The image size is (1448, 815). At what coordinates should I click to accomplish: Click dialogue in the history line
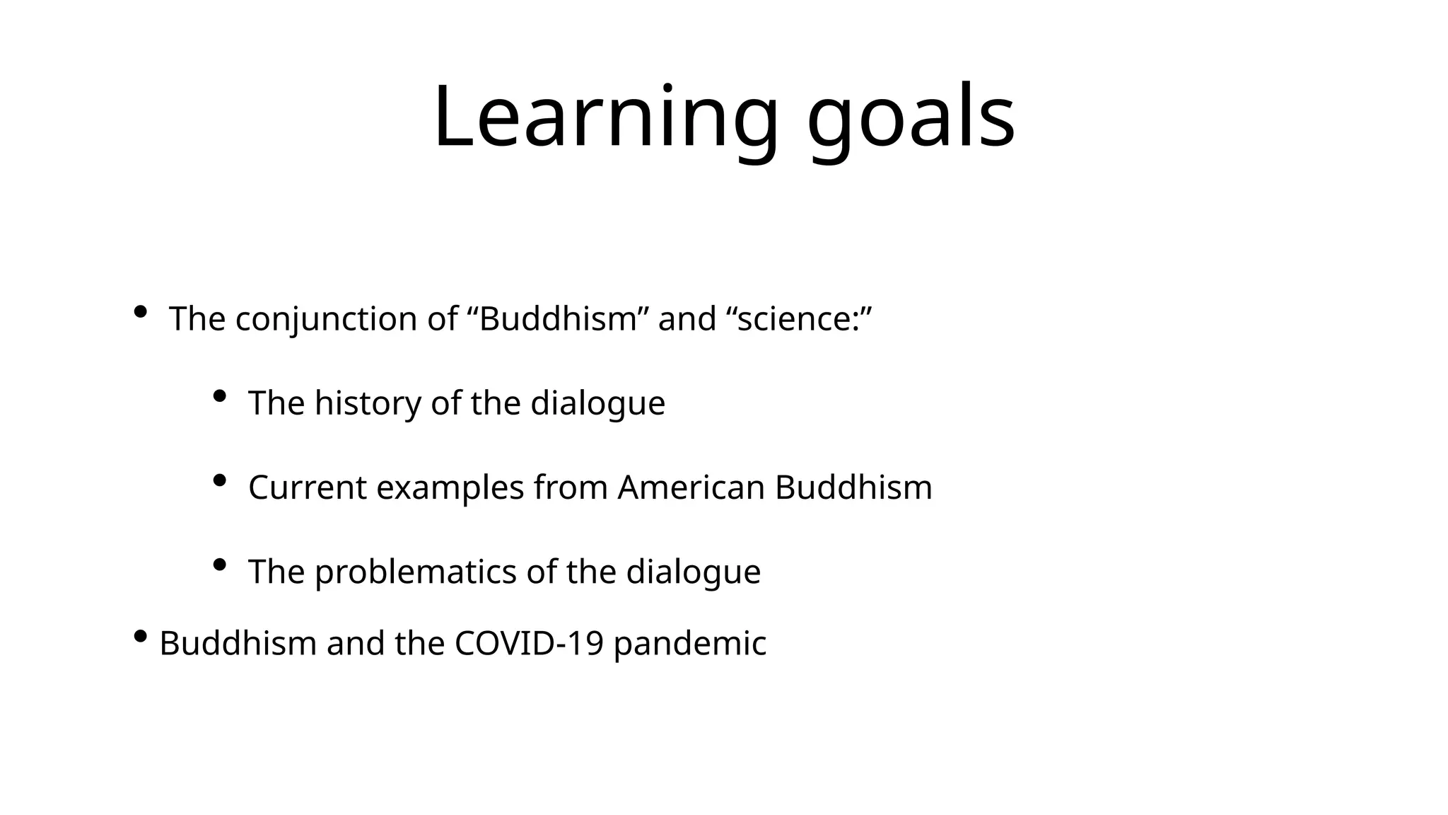coord(597,403)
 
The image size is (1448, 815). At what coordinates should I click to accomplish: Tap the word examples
coord(450,487)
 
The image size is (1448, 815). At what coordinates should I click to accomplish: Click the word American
coord(691,487)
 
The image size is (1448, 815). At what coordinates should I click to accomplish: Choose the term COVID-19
coord(529,644)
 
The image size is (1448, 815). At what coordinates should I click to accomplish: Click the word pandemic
coord(690,644)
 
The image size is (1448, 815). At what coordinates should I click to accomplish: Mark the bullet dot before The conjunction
coord(140,311)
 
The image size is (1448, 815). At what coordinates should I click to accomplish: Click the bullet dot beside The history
coord(219,396)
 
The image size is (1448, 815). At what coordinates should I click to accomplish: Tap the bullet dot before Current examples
coord(219,480)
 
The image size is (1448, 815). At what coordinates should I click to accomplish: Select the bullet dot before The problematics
coord(219,565)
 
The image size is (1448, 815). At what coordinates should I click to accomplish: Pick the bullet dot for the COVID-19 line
coord(140,637)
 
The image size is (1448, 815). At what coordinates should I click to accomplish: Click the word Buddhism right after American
coord(853,487)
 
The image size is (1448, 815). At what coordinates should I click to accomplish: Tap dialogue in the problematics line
coord(693,572)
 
